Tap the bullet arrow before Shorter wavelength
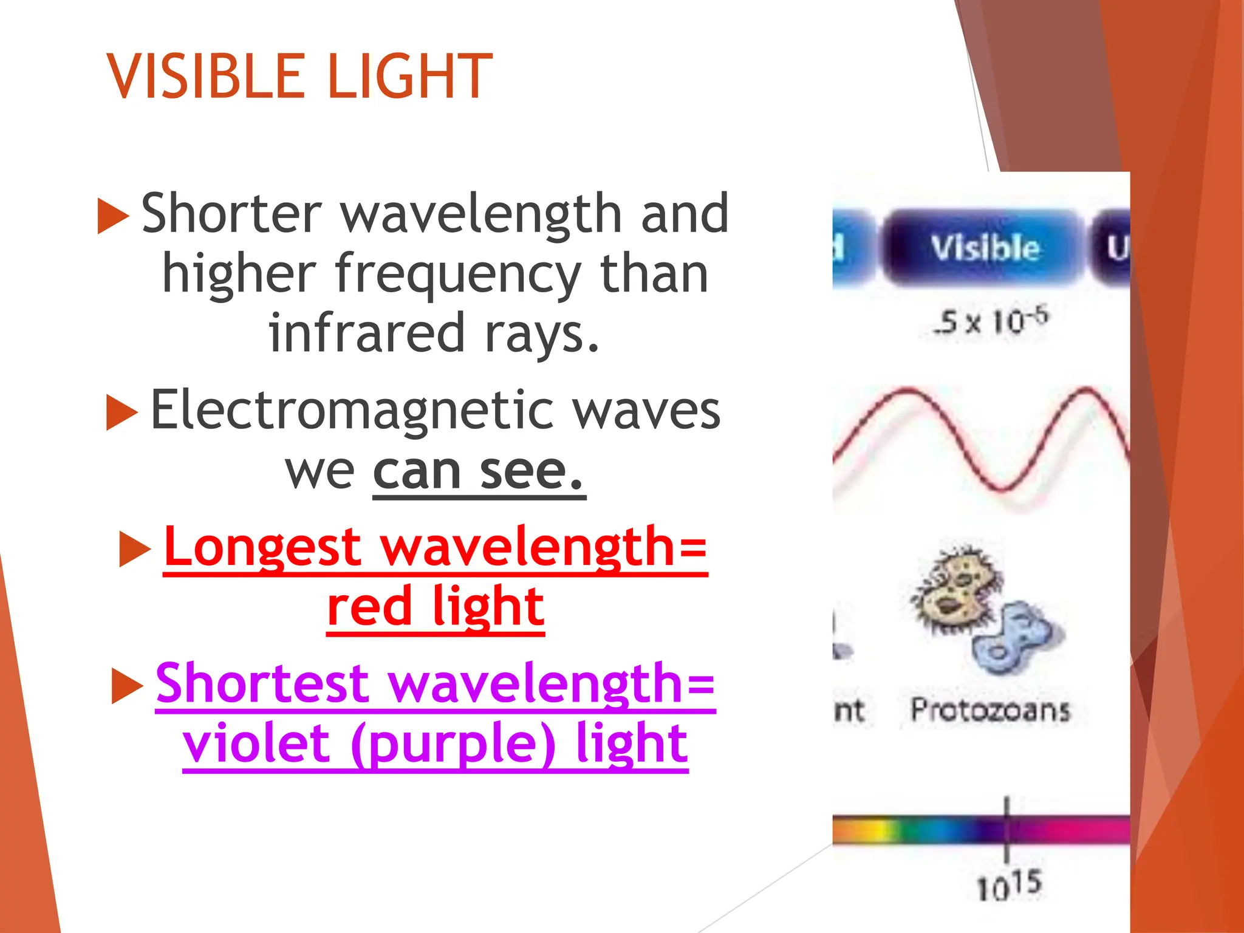click(113, 216)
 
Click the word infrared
click(367, 333)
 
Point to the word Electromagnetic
click(351, 411)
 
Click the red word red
click(369, 607)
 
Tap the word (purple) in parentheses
click(453, 744)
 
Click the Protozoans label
click(990, 710)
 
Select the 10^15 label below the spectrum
click(1008, 886)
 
